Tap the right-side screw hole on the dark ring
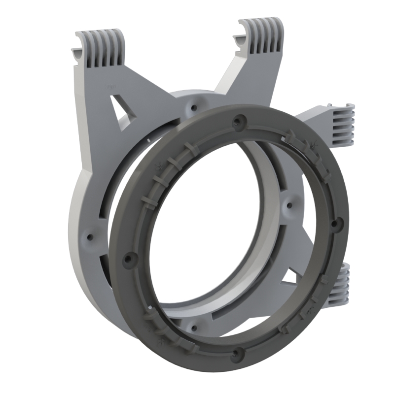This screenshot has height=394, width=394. click(335, 224)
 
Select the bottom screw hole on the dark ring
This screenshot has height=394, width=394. click(240, 352)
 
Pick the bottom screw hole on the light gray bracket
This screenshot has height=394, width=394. click(193, 324)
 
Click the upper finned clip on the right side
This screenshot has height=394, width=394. click(342, 126)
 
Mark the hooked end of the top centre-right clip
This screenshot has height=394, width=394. click(244, 37)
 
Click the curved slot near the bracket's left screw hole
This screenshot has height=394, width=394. click(101, 207)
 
